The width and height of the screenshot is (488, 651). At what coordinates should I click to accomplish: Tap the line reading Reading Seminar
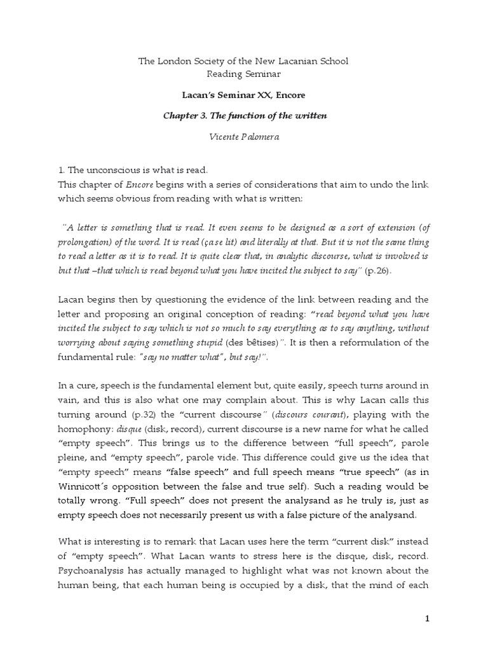pos(243,74)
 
